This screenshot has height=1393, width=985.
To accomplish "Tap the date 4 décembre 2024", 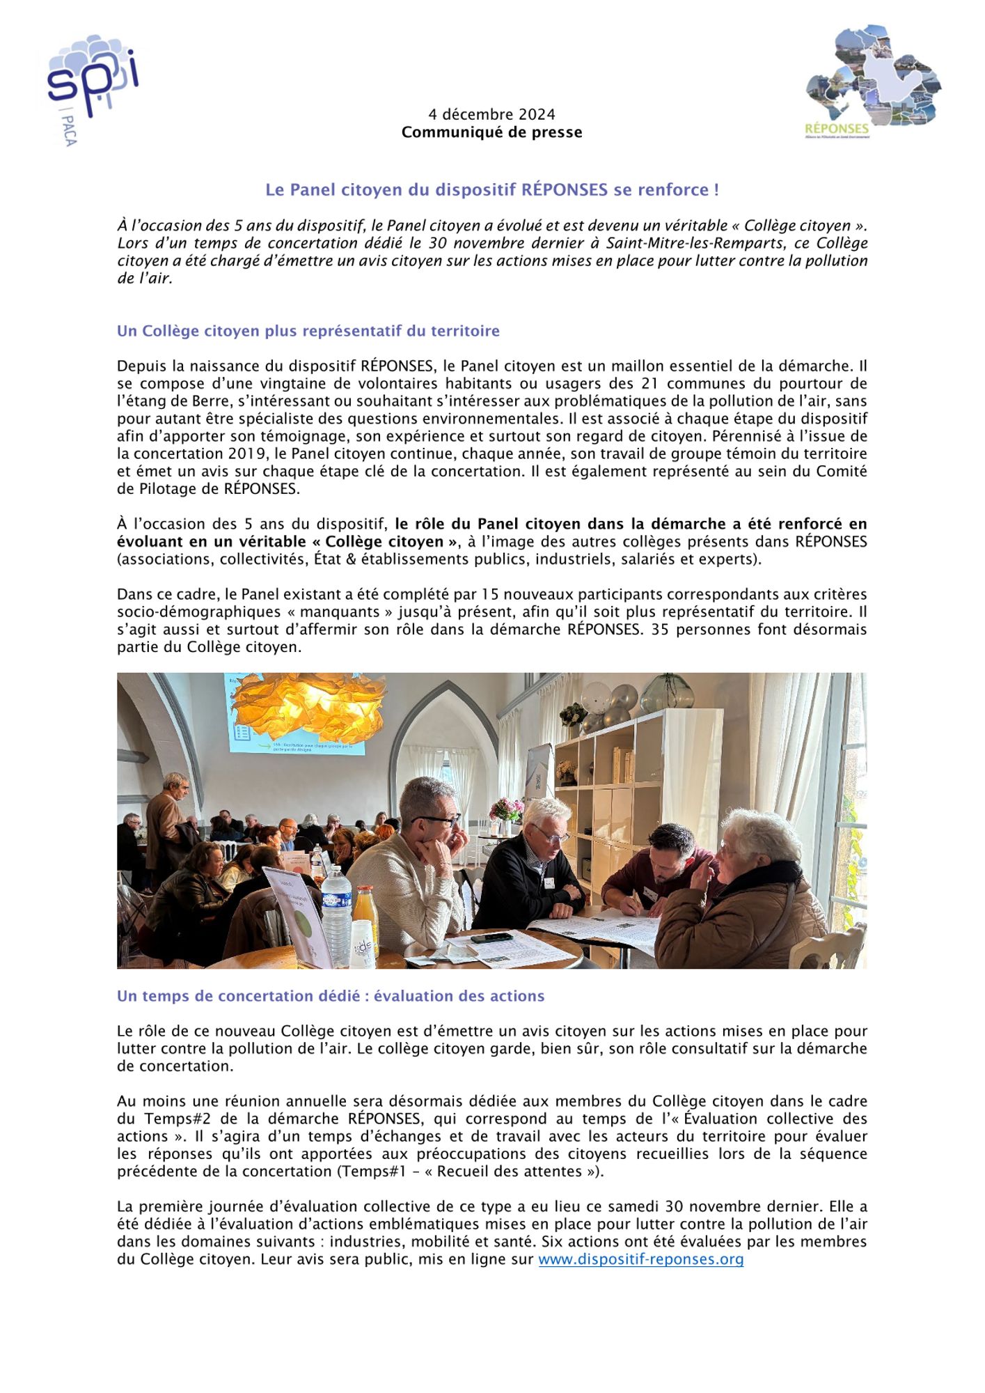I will point(491,114).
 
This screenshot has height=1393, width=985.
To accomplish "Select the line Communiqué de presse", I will point(491,132).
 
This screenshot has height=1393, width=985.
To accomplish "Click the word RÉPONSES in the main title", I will point(565,189).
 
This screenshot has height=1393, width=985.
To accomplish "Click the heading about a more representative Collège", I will point(308,331).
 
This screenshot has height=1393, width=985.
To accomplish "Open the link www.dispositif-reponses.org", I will point(640,1259).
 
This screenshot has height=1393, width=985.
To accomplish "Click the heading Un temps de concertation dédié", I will point(330,996).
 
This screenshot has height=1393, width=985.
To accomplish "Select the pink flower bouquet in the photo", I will point(506,810).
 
